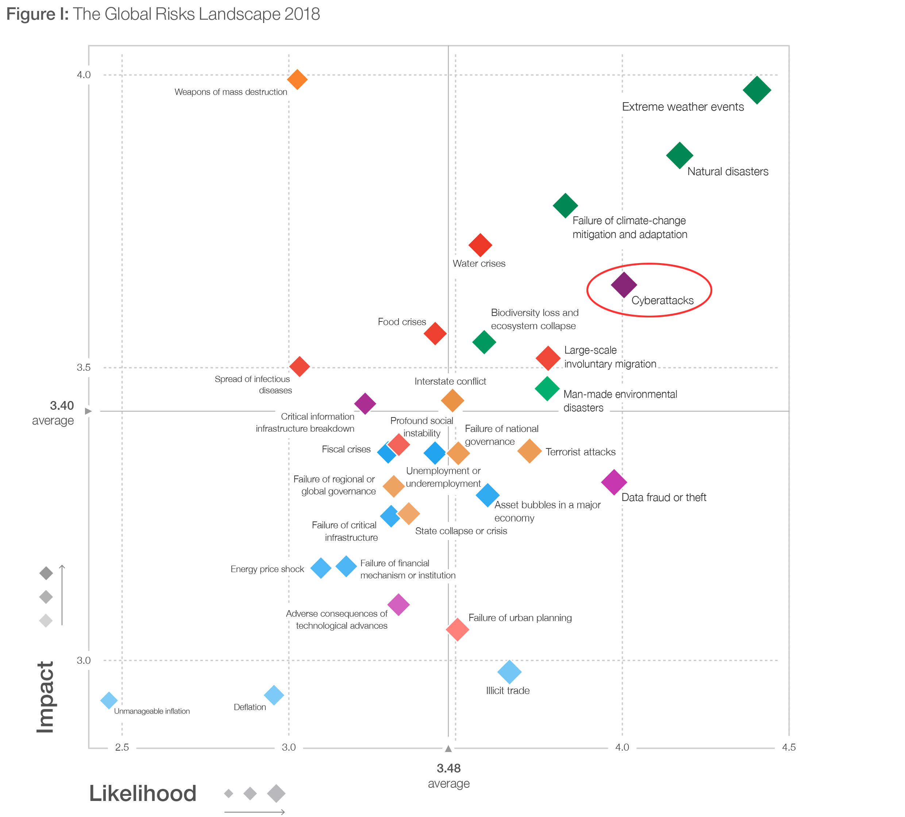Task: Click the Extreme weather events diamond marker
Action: pos(757,90)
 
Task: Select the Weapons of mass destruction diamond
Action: pos(297,80)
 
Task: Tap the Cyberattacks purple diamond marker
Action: pos(624,285)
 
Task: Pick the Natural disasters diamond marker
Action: pos(679,156)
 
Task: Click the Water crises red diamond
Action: pos(480,245)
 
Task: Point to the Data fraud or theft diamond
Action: pos(614,482)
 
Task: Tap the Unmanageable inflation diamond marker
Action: pos(109,700)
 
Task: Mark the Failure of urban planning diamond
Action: pos(458,629)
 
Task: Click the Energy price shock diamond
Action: pos(321,568)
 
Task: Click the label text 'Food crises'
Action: pos(402,322)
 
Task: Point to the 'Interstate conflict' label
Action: pos(450,381)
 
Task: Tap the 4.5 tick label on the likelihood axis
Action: pos(789,747)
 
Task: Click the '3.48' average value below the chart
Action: pos(449,768)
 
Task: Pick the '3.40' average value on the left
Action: pos(62,406)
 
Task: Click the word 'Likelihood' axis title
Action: pos(143,794)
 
